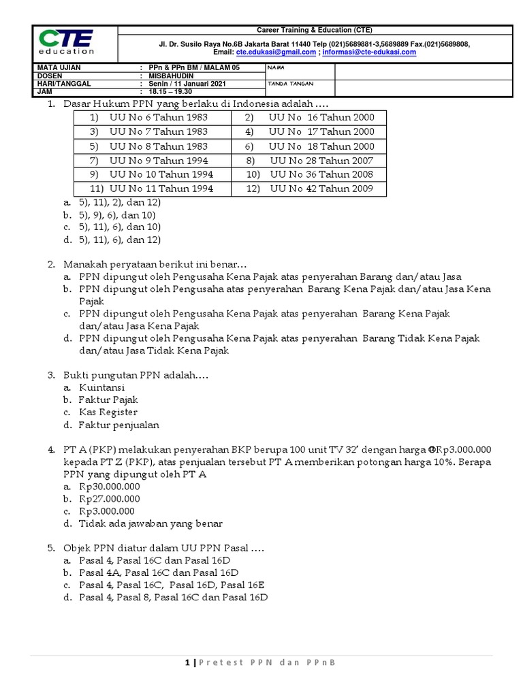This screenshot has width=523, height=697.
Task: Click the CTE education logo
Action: click(66, 42)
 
